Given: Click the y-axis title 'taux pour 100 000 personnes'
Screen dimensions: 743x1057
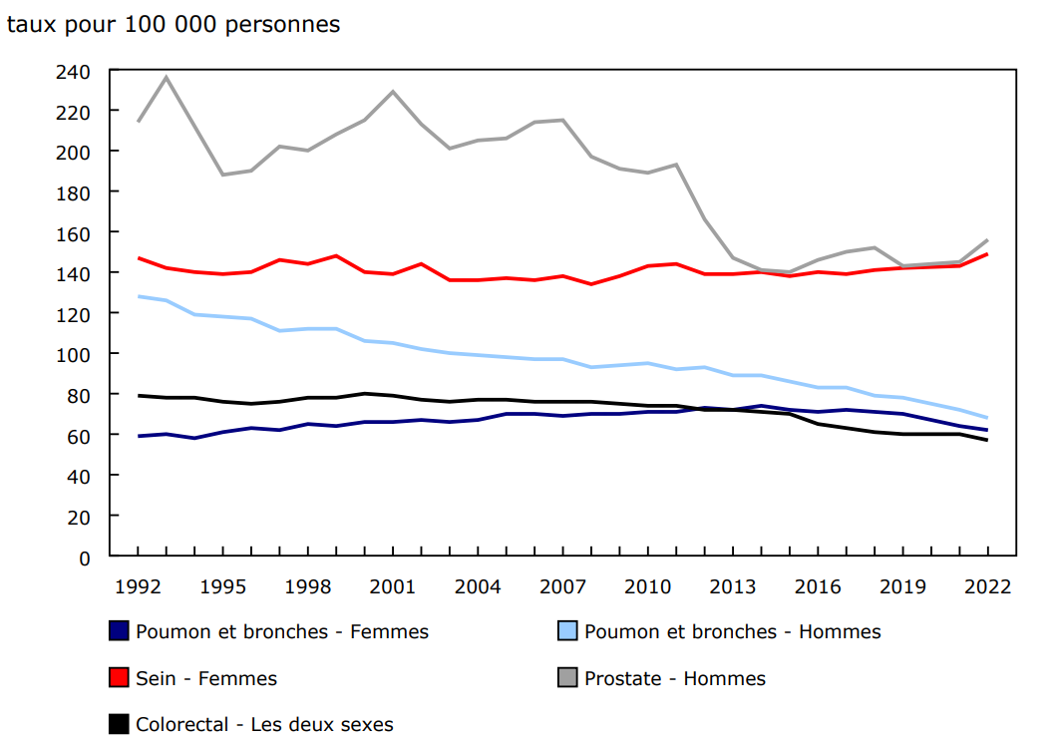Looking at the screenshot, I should (x=174, y=25).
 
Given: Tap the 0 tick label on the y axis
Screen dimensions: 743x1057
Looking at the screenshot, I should (x=86, y=557).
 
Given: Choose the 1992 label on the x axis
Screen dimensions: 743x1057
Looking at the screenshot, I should (x=138, y=586).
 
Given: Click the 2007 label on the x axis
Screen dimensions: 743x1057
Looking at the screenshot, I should (x=562, y=586).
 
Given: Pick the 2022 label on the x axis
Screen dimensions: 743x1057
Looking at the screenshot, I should (x=987, y=586).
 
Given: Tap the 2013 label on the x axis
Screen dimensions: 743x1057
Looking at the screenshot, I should (x=732, y=586).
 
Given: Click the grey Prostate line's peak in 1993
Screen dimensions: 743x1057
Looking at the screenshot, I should (x=166, y=77).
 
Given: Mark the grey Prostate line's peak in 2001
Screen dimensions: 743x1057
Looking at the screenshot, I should (x=393, y=92).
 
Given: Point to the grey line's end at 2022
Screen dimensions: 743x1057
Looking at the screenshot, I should (x=987, y=240).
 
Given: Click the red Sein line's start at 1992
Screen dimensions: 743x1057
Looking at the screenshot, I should (x=138, y=258).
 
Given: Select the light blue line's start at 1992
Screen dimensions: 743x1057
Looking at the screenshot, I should (x=138, y=296).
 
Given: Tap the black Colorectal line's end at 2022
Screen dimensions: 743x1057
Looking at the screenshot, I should (x=987, y=440).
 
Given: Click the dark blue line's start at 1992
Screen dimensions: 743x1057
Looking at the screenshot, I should (x=138, y=436).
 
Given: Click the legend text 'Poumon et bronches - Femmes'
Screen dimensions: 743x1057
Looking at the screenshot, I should (x=282, y=631).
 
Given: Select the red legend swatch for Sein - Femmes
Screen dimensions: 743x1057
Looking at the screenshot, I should (x=119, y=678).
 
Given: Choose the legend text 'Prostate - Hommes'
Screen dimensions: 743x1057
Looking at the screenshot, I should (x=675, y=678).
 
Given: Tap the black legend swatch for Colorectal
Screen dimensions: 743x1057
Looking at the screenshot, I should (x=119, y=724).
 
